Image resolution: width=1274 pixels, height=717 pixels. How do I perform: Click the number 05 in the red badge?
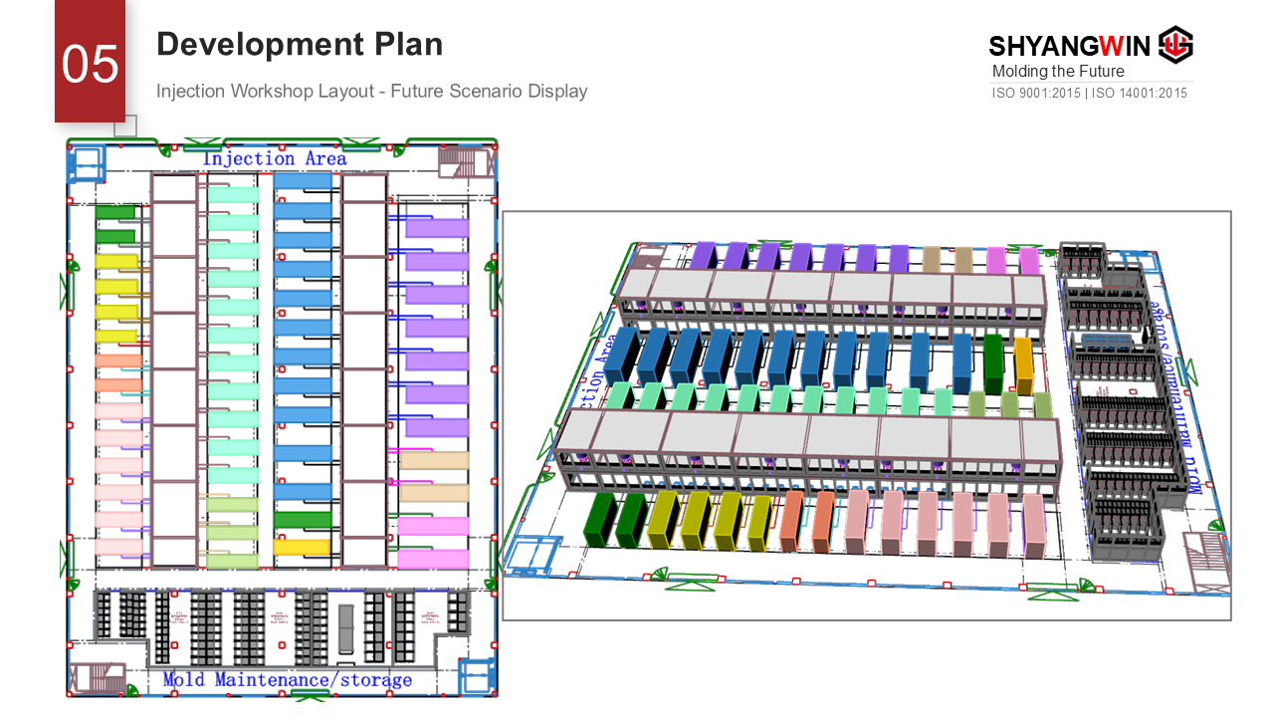pyautogui.click(x=90, y=65)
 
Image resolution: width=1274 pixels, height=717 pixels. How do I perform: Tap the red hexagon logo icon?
pyautogui.click(x=1176, y=45)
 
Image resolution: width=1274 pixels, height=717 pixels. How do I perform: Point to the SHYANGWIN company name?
pyautogui.click(x=1069, y=46)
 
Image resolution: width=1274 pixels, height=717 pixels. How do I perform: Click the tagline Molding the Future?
pyautogui.click(x=1058, y=72)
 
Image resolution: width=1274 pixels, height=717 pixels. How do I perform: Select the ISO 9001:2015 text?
pyautogui.click(x=1035, y=94)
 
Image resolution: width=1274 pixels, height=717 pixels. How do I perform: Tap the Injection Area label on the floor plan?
pyautogui.click(x=275, y=159)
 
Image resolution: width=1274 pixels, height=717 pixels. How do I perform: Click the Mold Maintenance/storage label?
pyautogui.click(x=287, y=680)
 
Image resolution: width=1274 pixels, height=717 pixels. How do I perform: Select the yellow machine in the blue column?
pyautogui.click(x=301, y=547)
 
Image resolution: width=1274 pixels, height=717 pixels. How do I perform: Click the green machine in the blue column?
pyautogui.click(x=302, y=519)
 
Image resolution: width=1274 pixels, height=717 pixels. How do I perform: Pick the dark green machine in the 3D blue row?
pyautogui.click(x=992, y=364)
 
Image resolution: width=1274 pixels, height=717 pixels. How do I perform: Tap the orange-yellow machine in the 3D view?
pyautogui.click(x=1023, y=365)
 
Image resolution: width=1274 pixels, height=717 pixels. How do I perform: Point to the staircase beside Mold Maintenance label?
pyautogui.click(x=101, y=678)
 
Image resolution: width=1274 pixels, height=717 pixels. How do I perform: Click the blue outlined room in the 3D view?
pyautogui.click(x=533, y=554)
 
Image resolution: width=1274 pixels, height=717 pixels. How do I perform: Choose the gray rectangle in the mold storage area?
pyautogui.click(x=345, y=628)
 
